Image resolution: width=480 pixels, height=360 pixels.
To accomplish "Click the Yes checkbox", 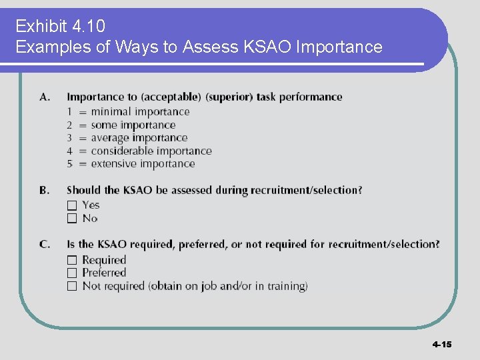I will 71,205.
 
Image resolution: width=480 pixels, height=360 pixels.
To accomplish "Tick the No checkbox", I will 71,218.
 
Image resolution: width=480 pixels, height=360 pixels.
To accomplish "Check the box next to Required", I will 71,260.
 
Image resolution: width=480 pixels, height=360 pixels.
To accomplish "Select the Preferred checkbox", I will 71,273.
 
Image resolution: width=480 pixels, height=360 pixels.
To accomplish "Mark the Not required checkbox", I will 71,286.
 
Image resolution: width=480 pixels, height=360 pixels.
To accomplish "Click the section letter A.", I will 45,97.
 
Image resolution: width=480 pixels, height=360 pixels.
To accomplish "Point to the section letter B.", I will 44,191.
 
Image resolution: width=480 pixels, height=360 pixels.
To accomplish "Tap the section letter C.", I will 45,245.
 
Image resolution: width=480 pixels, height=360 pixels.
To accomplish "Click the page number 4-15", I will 441,345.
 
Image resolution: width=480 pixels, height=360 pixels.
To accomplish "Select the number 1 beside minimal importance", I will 69,112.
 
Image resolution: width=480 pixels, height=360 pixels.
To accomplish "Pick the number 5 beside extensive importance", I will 69,164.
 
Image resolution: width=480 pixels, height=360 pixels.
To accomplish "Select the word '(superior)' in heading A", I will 231,97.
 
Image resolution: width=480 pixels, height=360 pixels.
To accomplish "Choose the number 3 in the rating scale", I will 69,138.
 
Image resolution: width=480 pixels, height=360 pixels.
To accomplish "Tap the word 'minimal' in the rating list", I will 111,112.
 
